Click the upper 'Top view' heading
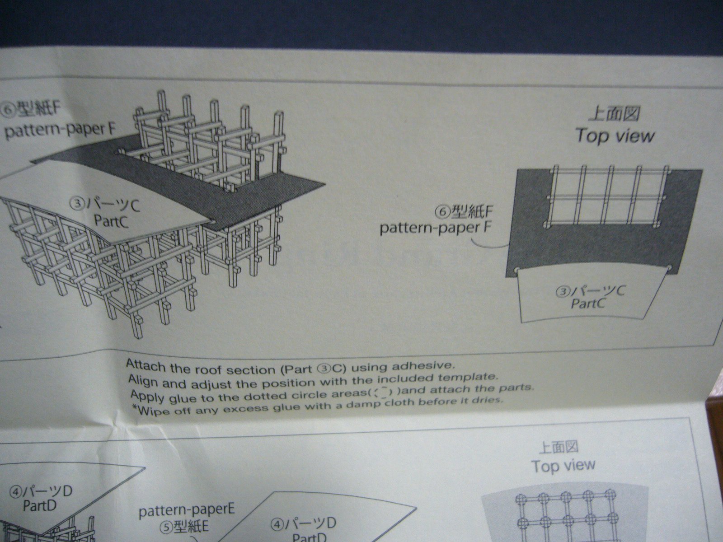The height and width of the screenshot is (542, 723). pyautogui.click(x=615, y=135)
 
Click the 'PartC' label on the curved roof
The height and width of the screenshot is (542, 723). pyautogui.click(x=111, y=221)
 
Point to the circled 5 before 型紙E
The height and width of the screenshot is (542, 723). pyautogui.click(x=166, y=528)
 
